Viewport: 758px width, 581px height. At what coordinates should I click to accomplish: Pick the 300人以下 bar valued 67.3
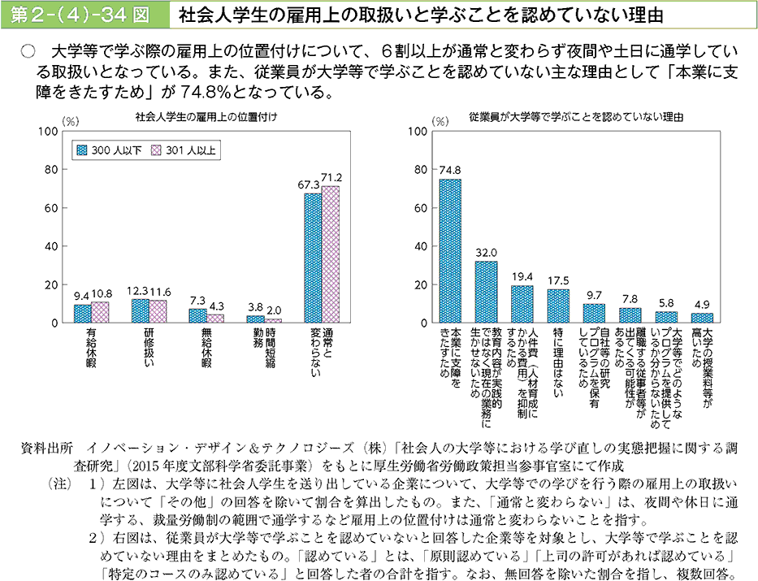[313, 258]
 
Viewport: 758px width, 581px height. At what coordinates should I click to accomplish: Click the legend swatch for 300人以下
[81, 150]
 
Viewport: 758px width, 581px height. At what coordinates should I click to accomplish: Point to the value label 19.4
[522, 277]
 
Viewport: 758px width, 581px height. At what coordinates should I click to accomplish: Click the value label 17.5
[558, 281]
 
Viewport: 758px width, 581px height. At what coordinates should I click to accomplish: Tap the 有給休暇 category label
[90, 347]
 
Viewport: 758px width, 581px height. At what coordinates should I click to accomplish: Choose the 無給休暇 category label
[206, 347]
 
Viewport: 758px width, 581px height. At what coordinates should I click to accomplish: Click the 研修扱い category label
[149, 347]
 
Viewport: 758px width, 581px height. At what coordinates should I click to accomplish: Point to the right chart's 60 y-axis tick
[421, 208]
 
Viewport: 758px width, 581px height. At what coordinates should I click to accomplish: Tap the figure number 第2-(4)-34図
[80, 15]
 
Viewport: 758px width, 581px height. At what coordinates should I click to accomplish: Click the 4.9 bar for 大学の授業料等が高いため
[701, 318]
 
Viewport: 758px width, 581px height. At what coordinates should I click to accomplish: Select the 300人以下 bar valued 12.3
[140, 311]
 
